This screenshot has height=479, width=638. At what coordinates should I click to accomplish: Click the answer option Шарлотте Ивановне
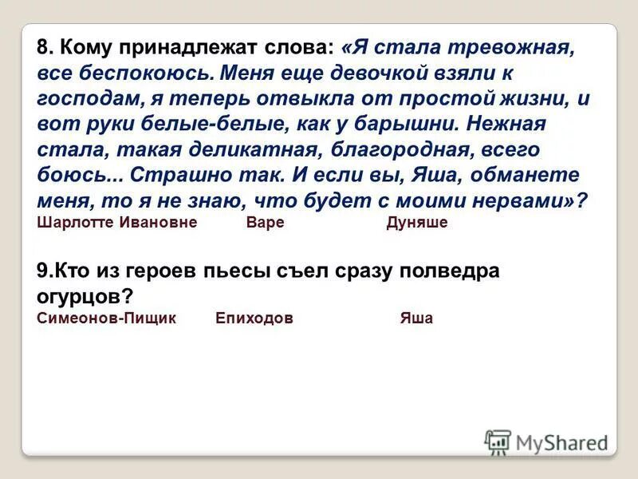[116, 223]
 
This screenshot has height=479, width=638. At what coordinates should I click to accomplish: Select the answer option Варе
[265, 223]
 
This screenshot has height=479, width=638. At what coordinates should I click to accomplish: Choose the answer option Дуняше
[416, 223]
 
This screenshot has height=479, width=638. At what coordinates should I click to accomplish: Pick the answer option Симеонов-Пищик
[107, 318]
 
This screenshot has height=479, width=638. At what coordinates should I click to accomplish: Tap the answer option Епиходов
[254, 318]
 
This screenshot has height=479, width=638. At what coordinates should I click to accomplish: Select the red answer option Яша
[416, 318]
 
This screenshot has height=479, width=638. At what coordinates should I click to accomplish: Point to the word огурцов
[80, 296]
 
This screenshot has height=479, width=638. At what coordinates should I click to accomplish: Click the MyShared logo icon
[498, 442]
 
